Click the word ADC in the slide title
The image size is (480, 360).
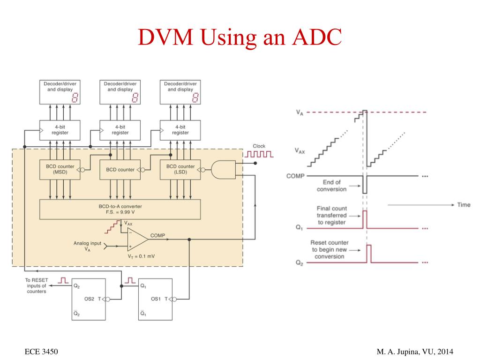pyautogui.click(x=317, y=37)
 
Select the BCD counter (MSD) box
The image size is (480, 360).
pyautogui.click(x=60, y=170)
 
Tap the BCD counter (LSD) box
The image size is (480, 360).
pyautogui.click(x=180, y=170)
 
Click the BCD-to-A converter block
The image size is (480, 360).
pyautogui.click(x=120, y=210)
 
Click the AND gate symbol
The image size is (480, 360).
pyautogui.click(x=224, y=170)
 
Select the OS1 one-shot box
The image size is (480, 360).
pyautogui.click(x=155, y=300)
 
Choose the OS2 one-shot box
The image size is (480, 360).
pyautogui.click(x=89, y=300)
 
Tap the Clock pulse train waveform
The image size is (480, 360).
pyautogui.click(x=259, y=154)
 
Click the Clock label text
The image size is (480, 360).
pyautogui.click(x=259, y=146)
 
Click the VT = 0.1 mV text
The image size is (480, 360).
pyautogui.click(x=141, y=256)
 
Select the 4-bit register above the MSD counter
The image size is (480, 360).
pyautogui.click(x=60, y=130)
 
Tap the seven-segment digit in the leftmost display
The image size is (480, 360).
pyautogui.click(x=75, y=97)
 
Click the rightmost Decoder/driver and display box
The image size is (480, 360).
pyautogui.click(x=180, y=92)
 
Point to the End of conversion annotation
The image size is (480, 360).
pyautogui.click(x=331, y=186)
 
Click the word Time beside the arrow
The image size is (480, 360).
pyautogui.click(x=464, y=205)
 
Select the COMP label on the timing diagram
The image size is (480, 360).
pyautogui.click(x=295, y=176)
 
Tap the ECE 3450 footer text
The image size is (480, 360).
pyautogui.click(x=41, y=352)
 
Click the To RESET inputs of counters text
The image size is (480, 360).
pyautogui.click(x=37, y=285)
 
